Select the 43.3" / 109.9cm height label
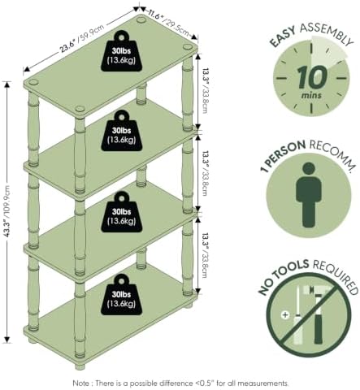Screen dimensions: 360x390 7,211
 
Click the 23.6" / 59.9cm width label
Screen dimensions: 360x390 82,38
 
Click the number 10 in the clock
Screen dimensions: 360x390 312,78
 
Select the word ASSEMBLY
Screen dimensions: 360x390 327,33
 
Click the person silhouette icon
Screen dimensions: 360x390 309,194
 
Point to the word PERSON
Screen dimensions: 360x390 287,153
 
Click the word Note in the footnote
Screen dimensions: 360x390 80,383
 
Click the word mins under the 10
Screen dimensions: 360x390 311,96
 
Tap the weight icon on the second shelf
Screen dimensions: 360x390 122,131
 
